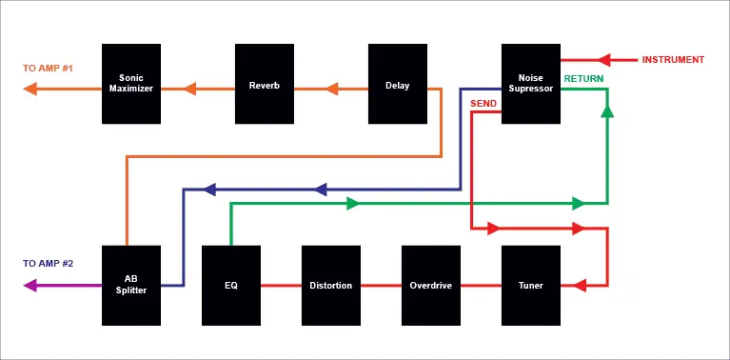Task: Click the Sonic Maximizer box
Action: (131, 84)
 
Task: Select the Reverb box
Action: (265, 84)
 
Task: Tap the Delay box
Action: (398, 84)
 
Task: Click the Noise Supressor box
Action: (531, 84)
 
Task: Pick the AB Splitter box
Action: (131, 286)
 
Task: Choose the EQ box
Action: (231, 286)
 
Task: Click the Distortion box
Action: (331, 286)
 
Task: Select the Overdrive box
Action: (431, 286)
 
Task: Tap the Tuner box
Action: (531, 286)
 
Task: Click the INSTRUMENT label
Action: (673, 60)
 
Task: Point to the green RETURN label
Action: (583, 79)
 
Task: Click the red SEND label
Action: (483, 104)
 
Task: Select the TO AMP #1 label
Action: (48, 69)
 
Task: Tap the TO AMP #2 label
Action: (48, 264)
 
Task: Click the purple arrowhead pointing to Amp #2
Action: (30, 285)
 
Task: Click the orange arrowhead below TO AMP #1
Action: (30, 89)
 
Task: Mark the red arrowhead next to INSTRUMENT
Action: (603, 60)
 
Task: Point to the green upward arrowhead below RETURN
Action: (607, 110)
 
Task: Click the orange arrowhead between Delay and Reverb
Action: (331, 89)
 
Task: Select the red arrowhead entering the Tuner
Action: (580, 285)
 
